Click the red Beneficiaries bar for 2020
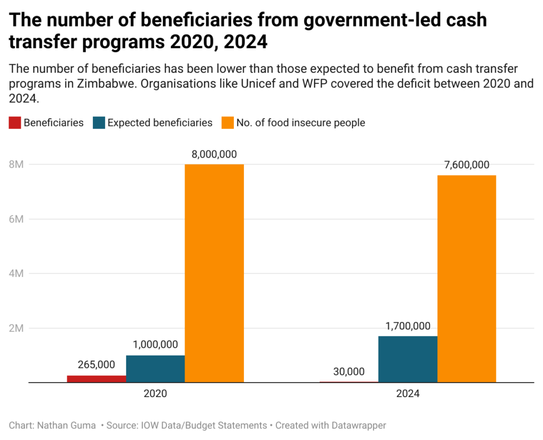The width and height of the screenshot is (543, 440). (97, 379)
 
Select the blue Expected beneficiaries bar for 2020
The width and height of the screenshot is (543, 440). (155, 369)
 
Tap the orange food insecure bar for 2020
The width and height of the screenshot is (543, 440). (214, 273)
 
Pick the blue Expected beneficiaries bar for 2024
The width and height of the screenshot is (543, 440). (408, 359)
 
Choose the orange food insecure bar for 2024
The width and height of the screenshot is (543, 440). (467, 279)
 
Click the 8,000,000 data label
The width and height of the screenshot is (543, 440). (214, 154)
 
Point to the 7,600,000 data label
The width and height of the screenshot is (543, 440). (467, 165)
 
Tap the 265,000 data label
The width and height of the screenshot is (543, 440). (97, 365)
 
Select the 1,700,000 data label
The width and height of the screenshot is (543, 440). (408, 326)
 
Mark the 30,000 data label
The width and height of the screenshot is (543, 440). (349, 371)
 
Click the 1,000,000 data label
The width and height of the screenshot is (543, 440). (155, 345)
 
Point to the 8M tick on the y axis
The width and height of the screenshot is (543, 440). (16, 165)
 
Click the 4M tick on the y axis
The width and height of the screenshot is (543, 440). (16, 274)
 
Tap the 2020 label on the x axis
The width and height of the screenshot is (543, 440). (155, 394)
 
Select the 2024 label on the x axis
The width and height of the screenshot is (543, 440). (408, 394)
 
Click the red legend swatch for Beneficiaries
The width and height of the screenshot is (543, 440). (15, 123)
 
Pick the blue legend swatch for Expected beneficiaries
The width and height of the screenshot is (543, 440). (99, 123)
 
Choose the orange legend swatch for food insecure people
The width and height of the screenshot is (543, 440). (227, 123)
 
